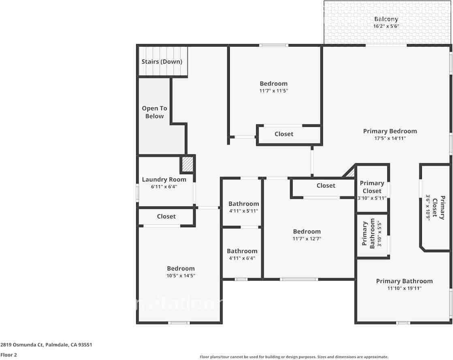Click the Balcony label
(x=386, y=19)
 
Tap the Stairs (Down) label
(x=162, y=62)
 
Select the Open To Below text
(x=154, y=112)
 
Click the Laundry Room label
(x=164, y=179)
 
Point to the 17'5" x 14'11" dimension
(x=390, y=138)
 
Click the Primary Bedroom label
(x=390, y=131)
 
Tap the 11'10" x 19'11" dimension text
(x=404, y=288)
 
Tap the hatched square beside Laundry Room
(x=187, y=164)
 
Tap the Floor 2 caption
(x=9, y=355)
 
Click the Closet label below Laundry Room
(x=166, y=217)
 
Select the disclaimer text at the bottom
(x=294, y=357)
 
